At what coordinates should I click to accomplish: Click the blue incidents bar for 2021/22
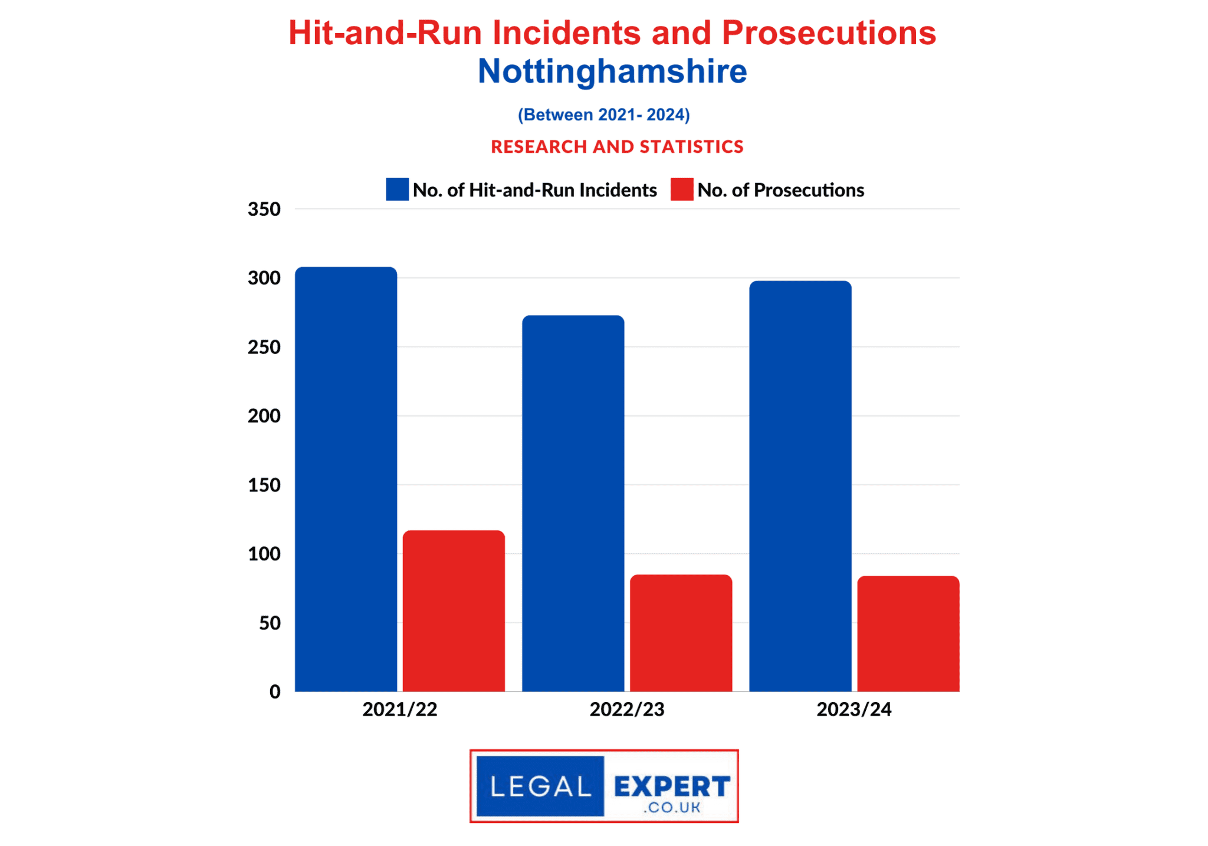[x=346, y=478]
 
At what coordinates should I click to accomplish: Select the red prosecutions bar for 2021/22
[x=454, y=611]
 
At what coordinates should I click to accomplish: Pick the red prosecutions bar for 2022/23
[x=681, y=632]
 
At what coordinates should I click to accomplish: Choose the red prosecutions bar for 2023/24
[x=908, y=633]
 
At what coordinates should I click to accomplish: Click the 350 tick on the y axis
[x=264, y=209]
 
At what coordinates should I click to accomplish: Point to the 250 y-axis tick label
[x=264, y=347]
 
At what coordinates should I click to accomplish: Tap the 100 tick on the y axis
[x=264, y=554]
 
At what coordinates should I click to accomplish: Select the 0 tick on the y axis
[x=274, y=692]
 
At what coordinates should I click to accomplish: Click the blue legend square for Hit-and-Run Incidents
[x=397, y=190]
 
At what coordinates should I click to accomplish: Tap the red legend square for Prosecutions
[x=681, y=190]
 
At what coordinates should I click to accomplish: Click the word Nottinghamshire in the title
[x=612, y=71]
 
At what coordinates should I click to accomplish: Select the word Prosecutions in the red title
[x=828, y=33]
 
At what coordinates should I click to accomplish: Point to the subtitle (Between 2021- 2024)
[x=603, y=114]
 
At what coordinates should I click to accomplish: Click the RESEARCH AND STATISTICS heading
[x=617, y=146]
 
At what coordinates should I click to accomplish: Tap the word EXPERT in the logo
[x=672, y=786]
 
